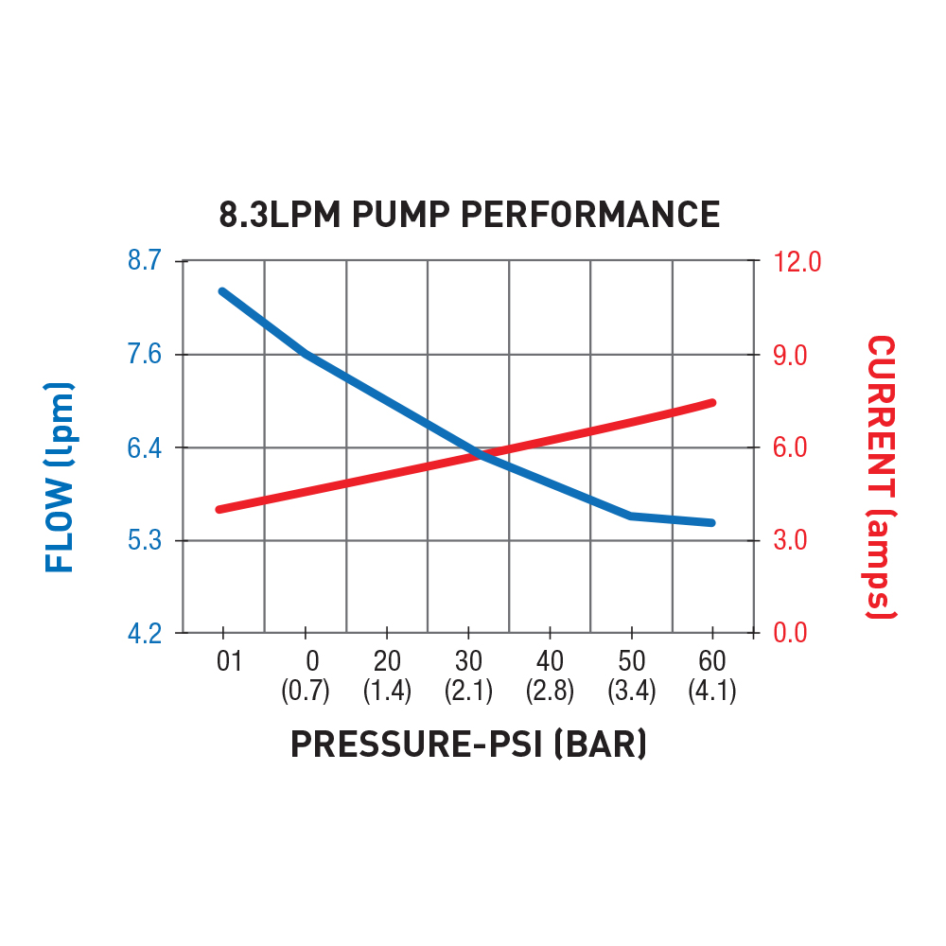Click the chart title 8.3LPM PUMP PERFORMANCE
pos(469,215)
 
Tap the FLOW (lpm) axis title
pos(60,478)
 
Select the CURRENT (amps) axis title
pos(882,478)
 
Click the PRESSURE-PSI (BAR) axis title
pos(469,745)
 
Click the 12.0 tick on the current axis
pos(798,260)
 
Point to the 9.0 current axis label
pos(793,355)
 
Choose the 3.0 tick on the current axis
pos(793,541)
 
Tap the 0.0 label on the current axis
pos(793,632)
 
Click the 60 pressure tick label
pos(712,660)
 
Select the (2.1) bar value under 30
pos(468,691)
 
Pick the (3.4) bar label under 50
pos(631,691)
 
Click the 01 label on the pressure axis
pos(229,660)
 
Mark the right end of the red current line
pos(711,403)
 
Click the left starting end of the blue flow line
pos(222,291)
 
